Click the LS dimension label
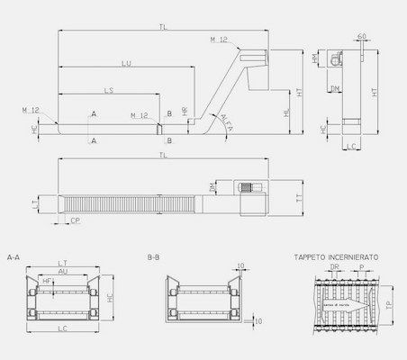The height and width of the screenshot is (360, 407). pyautogui.click(x=108, y=92)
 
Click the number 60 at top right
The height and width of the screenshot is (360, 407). pyautogui.click(x=361, y=36)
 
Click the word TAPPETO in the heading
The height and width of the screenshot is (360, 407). pyautogui.click(x=311, y=256)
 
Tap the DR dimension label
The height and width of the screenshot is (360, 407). pyautogui.click(x=334, y=267)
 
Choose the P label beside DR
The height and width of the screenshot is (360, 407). pyautogui.click(x=361, y=267)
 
